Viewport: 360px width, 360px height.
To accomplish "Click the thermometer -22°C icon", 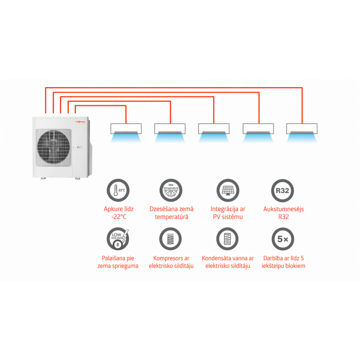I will pyautogui.click(x=117, y=191).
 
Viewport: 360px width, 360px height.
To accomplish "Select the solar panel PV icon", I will pyautogui.click(x=227, y=191).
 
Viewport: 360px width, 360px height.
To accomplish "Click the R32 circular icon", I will pyautogui.click(x=283, y=191).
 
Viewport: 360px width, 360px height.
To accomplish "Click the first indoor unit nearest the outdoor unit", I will pyautogui.click(x=126, y=129).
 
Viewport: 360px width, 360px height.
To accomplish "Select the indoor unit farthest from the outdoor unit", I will pyautogui.click(x=302, y=129).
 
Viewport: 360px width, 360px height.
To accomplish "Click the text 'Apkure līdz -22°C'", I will pyautogui.click(x=117, y=213).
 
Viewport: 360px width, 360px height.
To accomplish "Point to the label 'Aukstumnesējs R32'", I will pyautogui.click(x=283, y=213).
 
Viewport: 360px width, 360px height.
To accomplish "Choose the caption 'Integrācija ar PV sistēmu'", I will pyautogui.click(x=227, y=213).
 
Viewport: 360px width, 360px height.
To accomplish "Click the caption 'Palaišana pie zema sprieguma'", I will pyautogui.click(x=117, y=262).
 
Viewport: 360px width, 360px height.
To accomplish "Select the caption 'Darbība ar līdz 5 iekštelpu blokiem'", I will pyautogui.click(x=283, y=262).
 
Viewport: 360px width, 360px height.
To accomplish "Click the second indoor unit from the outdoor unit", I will pyautogui.click(x=170, y=129).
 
